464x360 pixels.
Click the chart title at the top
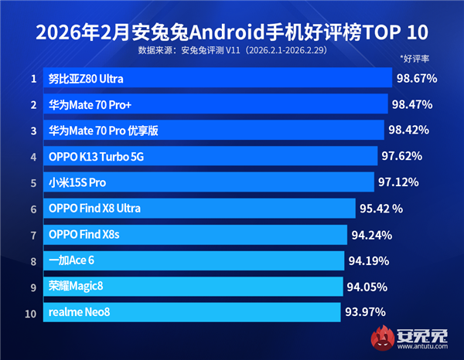tap(231, 32)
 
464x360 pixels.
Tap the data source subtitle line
tap(231, 51)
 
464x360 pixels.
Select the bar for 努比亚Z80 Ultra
tap(217, 79)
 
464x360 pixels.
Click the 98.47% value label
tap(411, 104)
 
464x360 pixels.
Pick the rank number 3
tap(33, 131)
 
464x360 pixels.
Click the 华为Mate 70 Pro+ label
tap(87, 105)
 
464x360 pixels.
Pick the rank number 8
tap(33, 260)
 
